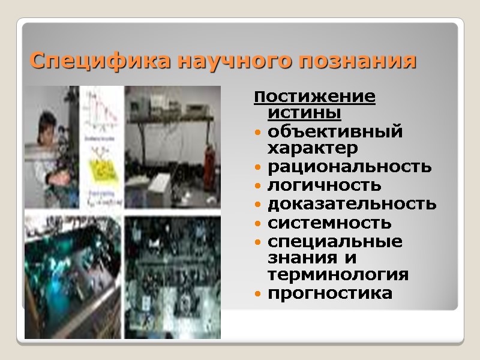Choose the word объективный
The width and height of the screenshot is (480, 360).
pyautogui.click(x=335, y=131)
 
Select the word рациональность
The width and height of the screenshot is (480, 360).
pyautogui.click(x=349, y=166)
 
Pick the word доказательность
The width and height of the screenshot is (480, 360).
pyautogui.click(x=352, y=204)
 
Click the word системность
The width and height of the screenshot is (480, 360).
pyautogui.click(x=329, y=223)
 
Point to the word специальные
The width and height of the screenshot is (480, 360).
pyautogui.click(x=335, y=242)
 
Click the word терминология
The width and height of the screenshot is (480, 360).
pyautogui.click(x=338, y=275)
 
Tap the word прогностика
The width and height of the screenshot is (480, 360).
pyautogui.click(x=330, y=294)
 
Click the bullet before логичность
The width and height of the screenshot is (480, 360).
pyautogui.click(x=257, y=186)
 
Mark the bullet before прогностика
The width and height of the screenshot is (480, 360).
pyautogui.click(x=257, y=295)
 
